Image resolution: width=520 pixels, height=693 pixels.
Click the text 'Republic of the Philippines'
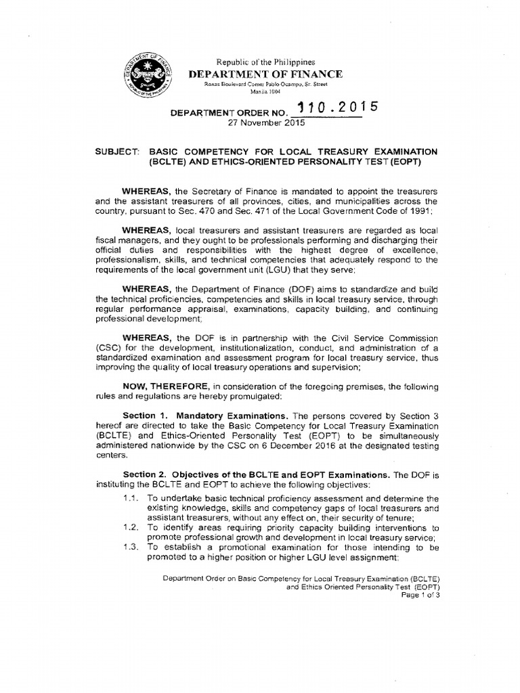pos(265,61)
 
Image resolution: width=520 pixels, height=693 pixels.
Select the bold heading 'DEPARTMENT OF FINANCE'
pos(265,74)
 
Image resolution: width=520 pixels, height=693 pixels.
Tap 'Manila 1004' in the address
pos(265,91)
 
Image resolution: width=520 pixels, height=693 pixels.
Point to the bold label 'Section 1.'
pos(144,415)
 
